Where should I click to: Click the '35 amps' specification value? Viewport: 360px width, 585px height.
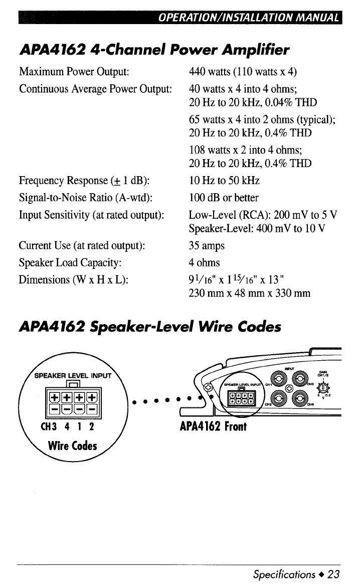(207, 246)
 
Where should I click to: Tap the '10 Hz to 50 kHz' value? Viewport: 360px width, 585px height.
(224, 181)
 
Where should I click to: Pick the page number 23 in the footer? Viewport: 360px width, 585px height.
(334, 573)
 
